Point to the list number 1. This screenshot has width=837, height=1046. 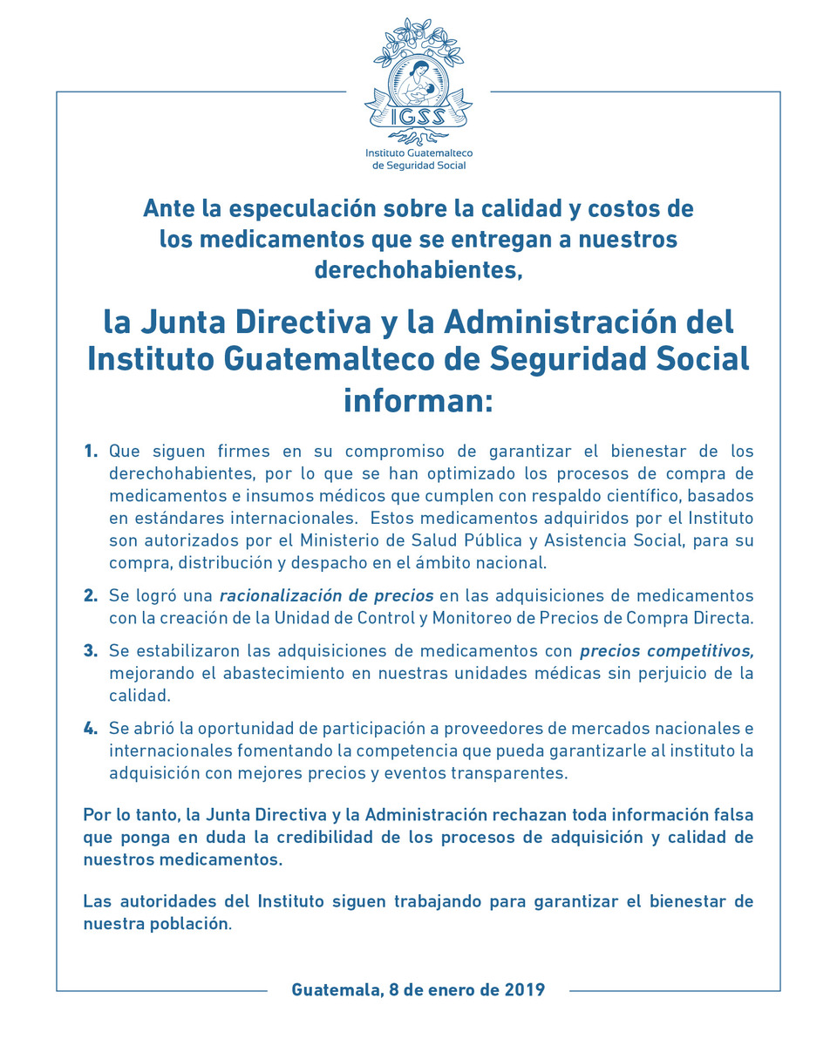[x=91, y=452]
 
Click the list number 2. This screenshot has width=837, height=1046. [x=91, y=596]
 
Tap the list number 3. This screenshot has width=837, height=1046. [x=91, y=650]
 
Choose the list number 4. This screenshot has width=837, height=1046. [x=91, y=728]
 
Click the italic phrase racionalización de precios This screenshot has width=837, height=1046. [x=326, y=596]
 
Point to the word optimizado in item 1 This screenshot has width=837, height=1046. [x=465, y=474]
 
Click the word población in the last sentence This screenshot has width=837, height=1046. [x=192, y=924]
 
